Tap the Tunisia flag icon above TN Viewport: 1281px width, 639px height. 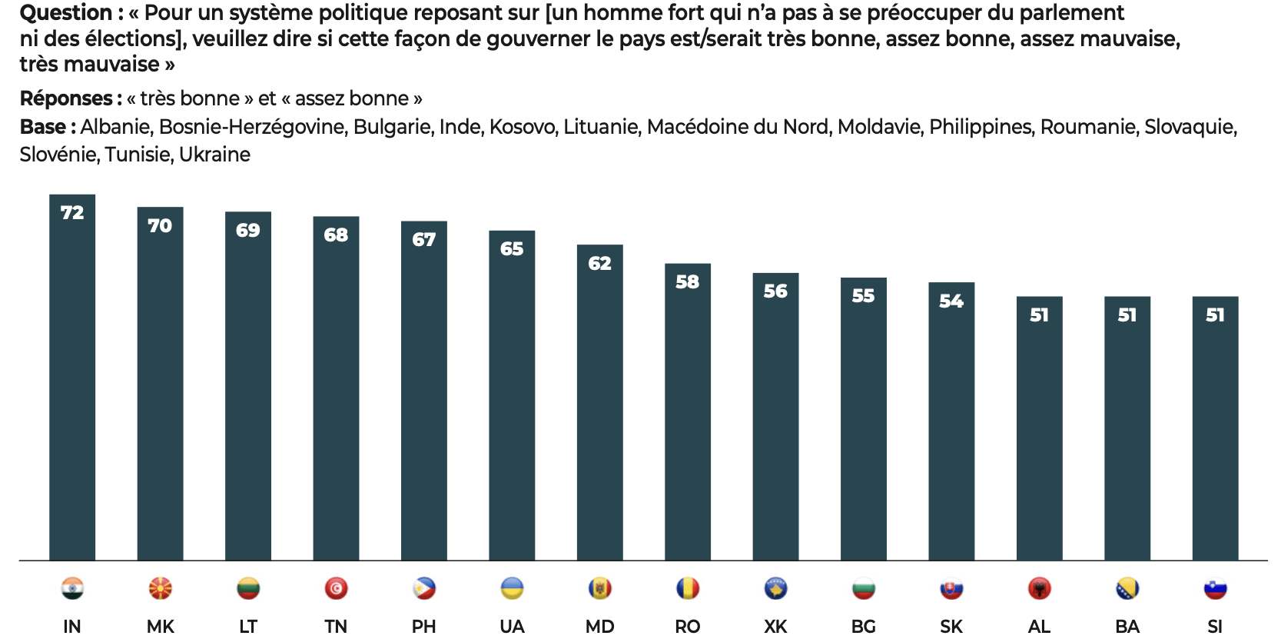point(336,589)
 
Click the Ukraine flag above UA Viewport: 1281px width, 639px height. point(512,589)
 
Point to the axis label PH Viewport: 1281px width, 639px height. point(423,626)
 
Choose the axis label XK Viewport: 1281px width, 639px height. point(775,626)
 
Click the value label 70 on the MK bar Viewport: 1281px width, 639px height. point(160,225)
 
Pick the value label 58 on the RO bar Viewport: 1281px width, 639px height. point(687,282)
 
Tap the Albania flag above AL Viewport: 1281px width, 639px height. point(1039,589)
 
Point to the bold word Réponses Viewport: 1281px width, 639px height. point(67,98)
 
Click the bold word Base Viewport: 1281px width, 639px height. point(43,127)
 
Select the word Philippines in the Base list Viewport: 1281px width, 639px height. point(981,127)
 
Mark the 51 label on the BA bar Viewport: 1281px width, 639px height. point(1127,315)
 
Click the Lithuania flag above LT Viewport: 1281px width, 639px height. point(247,589)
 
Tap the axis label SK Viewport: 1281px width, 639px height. point(951,626)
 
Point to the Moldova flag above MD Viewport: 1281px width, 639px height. point(599,589)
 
